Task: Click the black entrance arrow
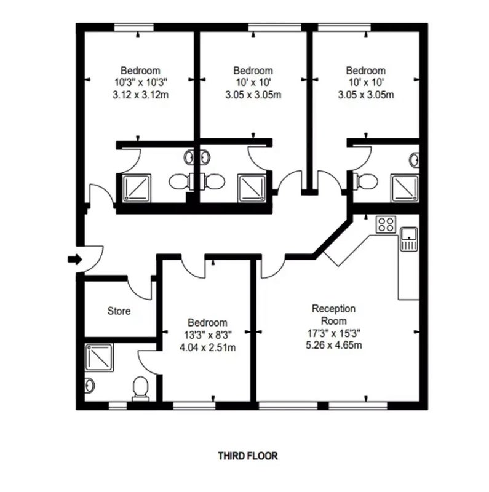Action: (x=75, y=260)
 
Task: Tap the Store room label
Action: (x=119, y=311)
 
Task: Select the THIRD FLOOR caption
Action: (x=248, y=456)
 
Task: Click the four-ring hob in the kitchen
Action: (x=386, y=224)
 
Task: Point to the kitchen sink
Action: (x=409, y=239)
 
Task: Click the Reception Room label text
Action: (x=333, y=315)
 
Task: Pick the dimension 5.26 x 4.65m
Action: (x=333, y=345)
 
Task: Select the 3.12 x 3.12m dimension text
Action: (x=141, y=95)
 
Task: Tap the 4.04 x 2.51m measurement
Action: (x=208, y=347)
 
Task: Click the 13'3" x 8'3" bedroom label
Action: (x=208, y=335)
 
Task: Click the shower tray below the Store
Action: (x=99, y=358)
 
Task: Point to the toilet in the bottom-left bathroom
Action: (x=141, y=389)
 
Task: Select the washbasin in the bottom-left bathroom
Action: (x=90, y=385)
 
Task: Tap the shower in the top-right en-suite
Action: (x=405, y=188)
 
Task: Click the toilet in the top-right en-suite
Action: (x=365, y=181)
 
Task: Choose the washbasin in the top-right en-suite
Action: (x=415, y=160)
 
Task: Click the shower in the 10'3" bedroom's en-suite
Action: (x=137, y=188)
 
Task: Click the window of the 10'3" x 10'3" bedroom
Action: (x=134, y=28)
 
